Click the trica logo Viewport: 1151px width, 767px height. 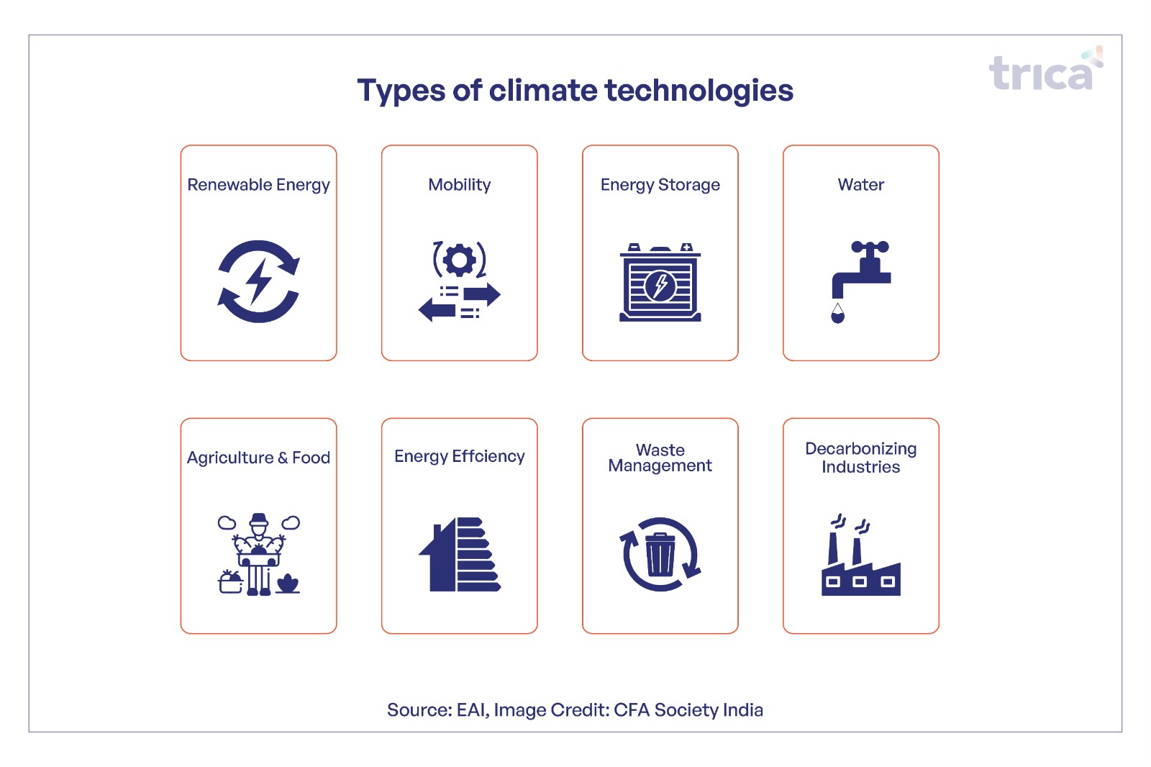(x=1046, y=68)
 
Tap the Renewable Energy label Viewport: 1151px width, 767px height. (x=258, y=184)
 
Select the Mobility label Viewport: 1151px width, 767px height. (x=460, y=184)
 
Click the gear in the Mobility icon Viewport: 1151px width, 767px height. (x=460, y=260)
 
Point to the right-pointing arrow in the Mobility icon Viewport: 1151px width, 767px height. (x=481, y=294)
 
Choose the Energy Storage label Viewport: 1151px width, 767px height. (x=660, y=184)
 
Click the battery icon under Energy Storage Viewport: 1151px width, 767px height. (x=660, y=282)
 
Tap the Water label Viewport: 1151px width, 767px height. (x=860, y=184)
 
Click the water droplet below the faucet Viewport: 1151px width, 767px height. (x=837, y=313)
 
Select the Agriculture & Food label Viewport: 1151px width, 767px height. (x=258, y=458)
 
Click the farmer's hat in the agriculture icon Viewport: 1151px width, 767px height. (x=259, y=518)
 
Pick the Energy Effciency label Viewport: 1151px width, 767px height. (x=460, y=456)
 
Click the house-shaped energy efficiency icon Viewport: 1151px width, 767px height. (x=460, y=554)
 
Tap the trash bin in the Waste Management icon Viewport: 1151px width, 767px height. (x=660, y=555)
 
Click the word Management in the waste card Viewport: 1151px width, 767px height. (x=660, y=466)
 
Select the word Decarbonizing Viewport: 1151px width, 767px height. (x=860, y=449)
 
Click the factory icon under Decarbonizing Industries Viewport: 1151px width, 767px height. (x=860, y=555)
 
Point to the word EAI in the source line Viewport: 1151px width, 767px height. (x=473, y=710)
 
